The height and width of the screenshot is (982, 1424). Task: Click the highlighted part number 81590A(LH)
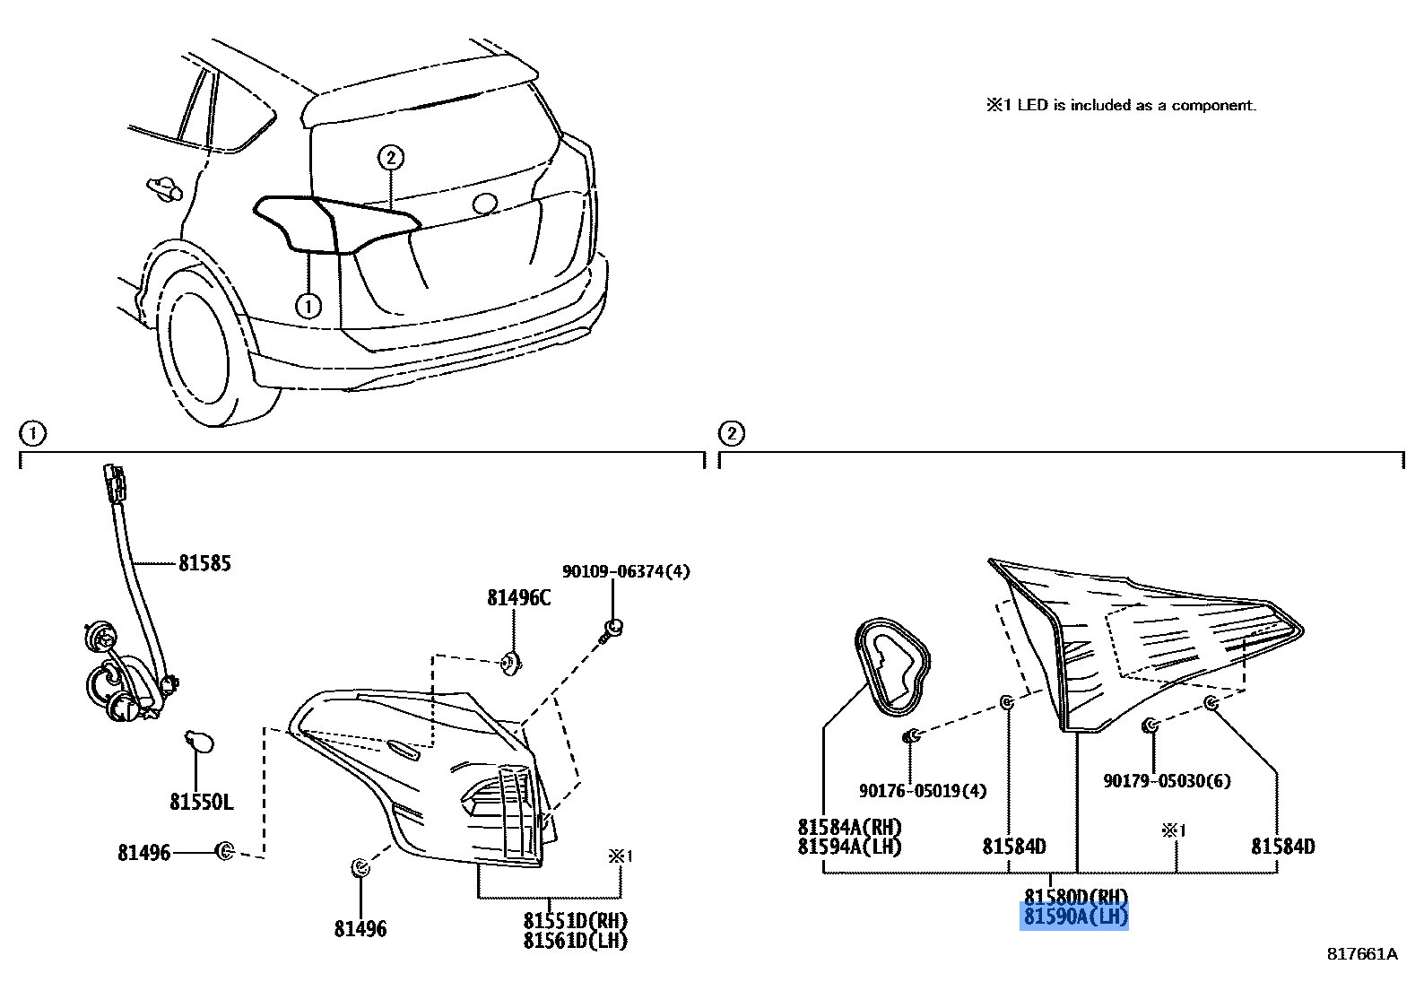click(1074, 917)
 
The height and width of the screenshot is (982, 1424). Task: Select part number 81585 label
click(204, 563)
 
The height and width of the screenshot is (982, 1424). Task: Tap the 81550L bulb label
click(201, 801)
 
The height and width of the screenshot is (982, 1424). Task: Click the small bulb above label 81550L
click(198, 743)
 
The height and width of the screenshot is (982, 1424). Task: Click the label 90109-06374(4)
click(626, 571)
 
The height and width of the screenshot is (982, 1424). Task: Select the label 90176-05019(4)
click(922, 791)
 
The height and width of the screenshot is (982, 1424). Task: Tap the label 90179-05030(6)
click(1167, 781)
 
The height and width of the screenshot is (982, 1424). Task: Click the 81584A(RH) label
click(849, 827)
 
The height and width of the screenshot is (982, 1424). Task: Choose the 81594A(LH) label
click(849, 847)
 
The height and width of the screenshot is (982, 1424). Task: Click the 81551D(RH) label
click(576, 921)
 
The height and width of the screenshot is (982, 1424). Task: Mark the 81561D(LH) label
click(576, 941)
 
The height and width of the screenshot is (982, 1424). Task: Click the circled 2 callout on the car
click(390, 158)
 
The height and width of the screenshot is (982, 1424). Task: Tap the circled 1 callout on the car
click(308, 307)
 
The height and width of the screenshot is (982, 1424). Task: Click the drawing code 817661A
click(1362, 954)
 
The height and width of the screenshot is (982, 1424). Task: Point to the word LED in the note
click(1032, 106)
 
